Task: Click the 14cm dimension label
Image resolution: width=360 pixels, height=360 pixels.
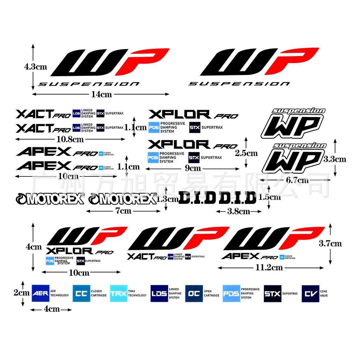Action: pos(101,94)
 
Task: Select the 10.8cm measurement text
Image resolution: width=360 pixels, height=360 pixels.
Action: pos(70,139)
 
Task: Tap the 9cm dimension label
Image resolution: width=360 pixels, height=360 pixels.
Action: pos(193,169)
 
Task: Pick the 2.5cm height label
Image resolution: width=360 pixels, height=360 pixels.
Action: pos(246,153)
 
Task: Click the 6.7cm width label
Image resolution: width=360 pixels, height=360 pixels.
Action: pos(297,180)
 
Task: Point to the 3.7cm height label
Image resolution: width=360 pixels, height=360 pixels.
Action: pos(330,243)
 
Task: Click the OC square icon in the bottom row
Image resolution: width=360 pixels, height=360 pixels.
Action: pos(194,294)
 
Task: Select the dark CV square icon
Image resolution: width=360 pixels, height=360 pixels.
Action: pos(310,294)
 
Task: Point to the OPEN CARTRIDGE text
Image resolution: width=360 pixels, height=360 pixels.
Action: pos(212,294)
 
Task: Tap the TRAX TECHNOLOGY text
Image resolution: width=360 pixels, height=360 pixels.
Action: pos(137,294)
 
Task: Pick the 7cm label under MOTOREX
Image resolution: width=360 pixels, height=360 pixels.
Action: pos(123,211)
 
